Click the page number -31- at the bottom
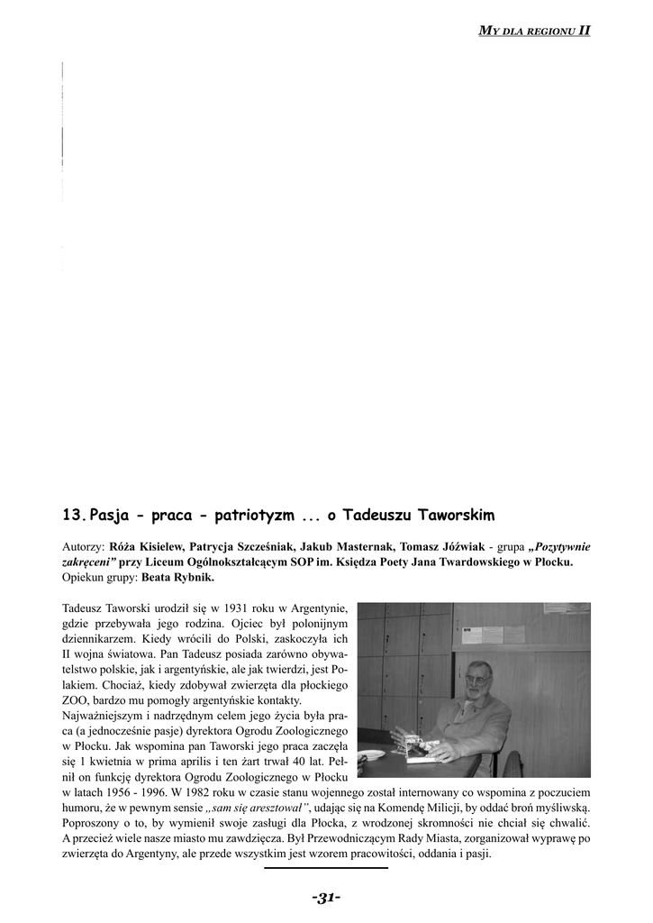tap(326, 897)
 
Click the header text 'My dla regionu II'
tap(534, 30)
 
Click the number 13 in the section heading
tap(73, 516)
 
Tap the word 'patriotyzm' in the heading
tap(249, 516)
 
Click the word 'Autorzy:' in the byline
tap(84, 546)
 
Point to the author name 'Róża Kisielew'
tap(148, 546)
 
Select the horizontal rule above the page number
tap(326, 868)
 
